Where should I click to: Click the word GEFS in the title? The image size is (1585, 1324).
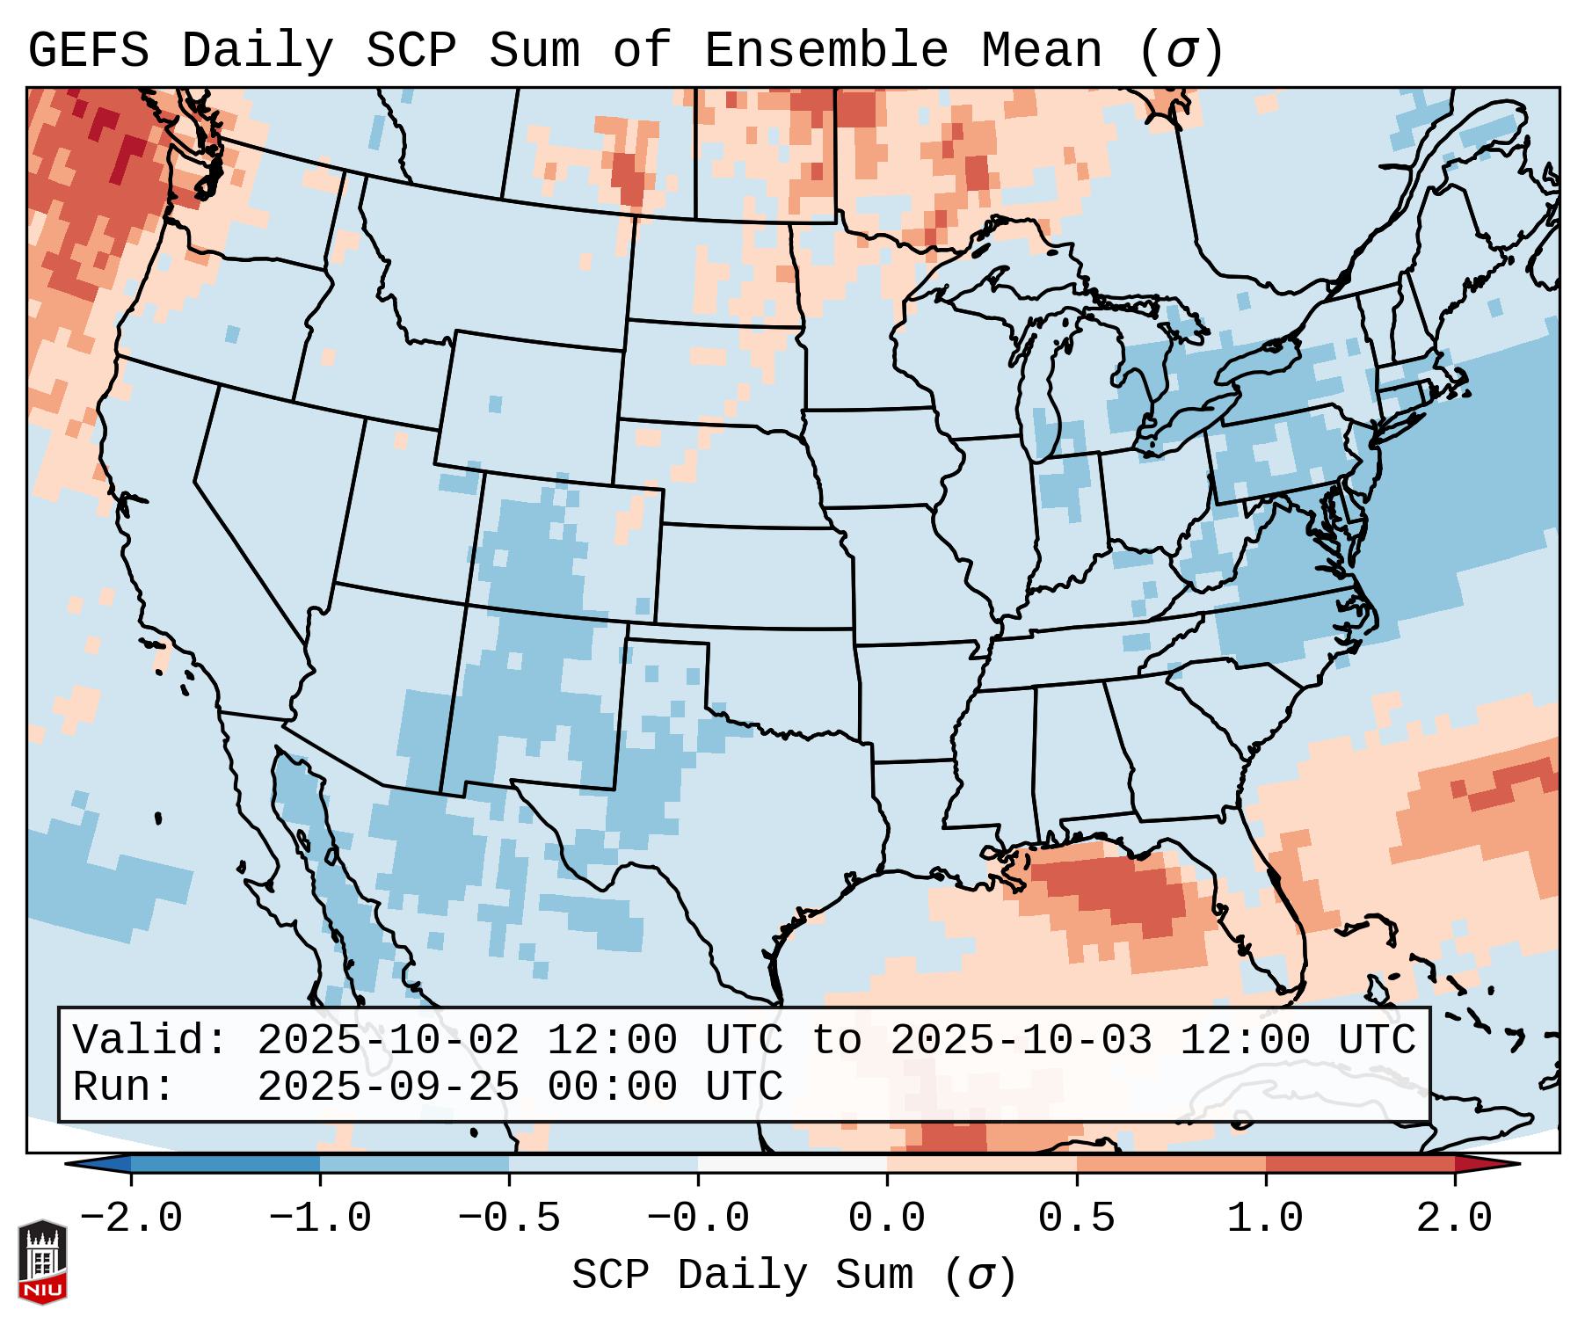(88, 50)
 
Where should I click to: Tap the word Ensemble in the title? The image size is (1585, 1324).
(825, 50)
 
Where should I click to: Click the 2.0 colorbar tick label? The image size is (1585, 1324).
(1454, 1219)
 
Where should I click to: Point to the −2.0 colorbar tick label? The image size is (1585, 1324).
(131, 1219)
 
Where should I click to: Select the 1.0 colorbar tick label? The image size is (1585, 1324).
(1265, 1219)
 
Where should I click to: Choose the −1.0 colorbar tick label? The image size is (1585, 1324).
(320, 1219)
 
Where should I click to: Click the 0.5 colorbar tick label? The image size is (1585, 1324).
(1076, 1219)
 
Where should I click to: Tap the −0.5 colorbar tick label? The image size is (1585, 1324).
(509, 1219)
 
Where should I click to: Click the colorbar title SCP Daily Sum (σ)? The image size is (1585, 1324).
(793, 1275)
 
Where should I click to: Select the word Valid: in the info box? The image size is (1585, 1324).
(150, 1040)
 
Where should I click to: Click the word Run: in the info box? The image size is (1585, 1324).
(124, 1087)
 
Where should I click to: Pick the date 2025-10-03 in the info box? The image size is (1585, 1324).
(1021, 1040)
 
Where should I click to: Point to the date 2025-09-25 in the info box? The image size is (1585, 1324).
(388, 1087)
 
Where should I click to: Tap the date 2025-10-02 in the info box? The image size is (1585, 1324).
(388, 1040)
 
